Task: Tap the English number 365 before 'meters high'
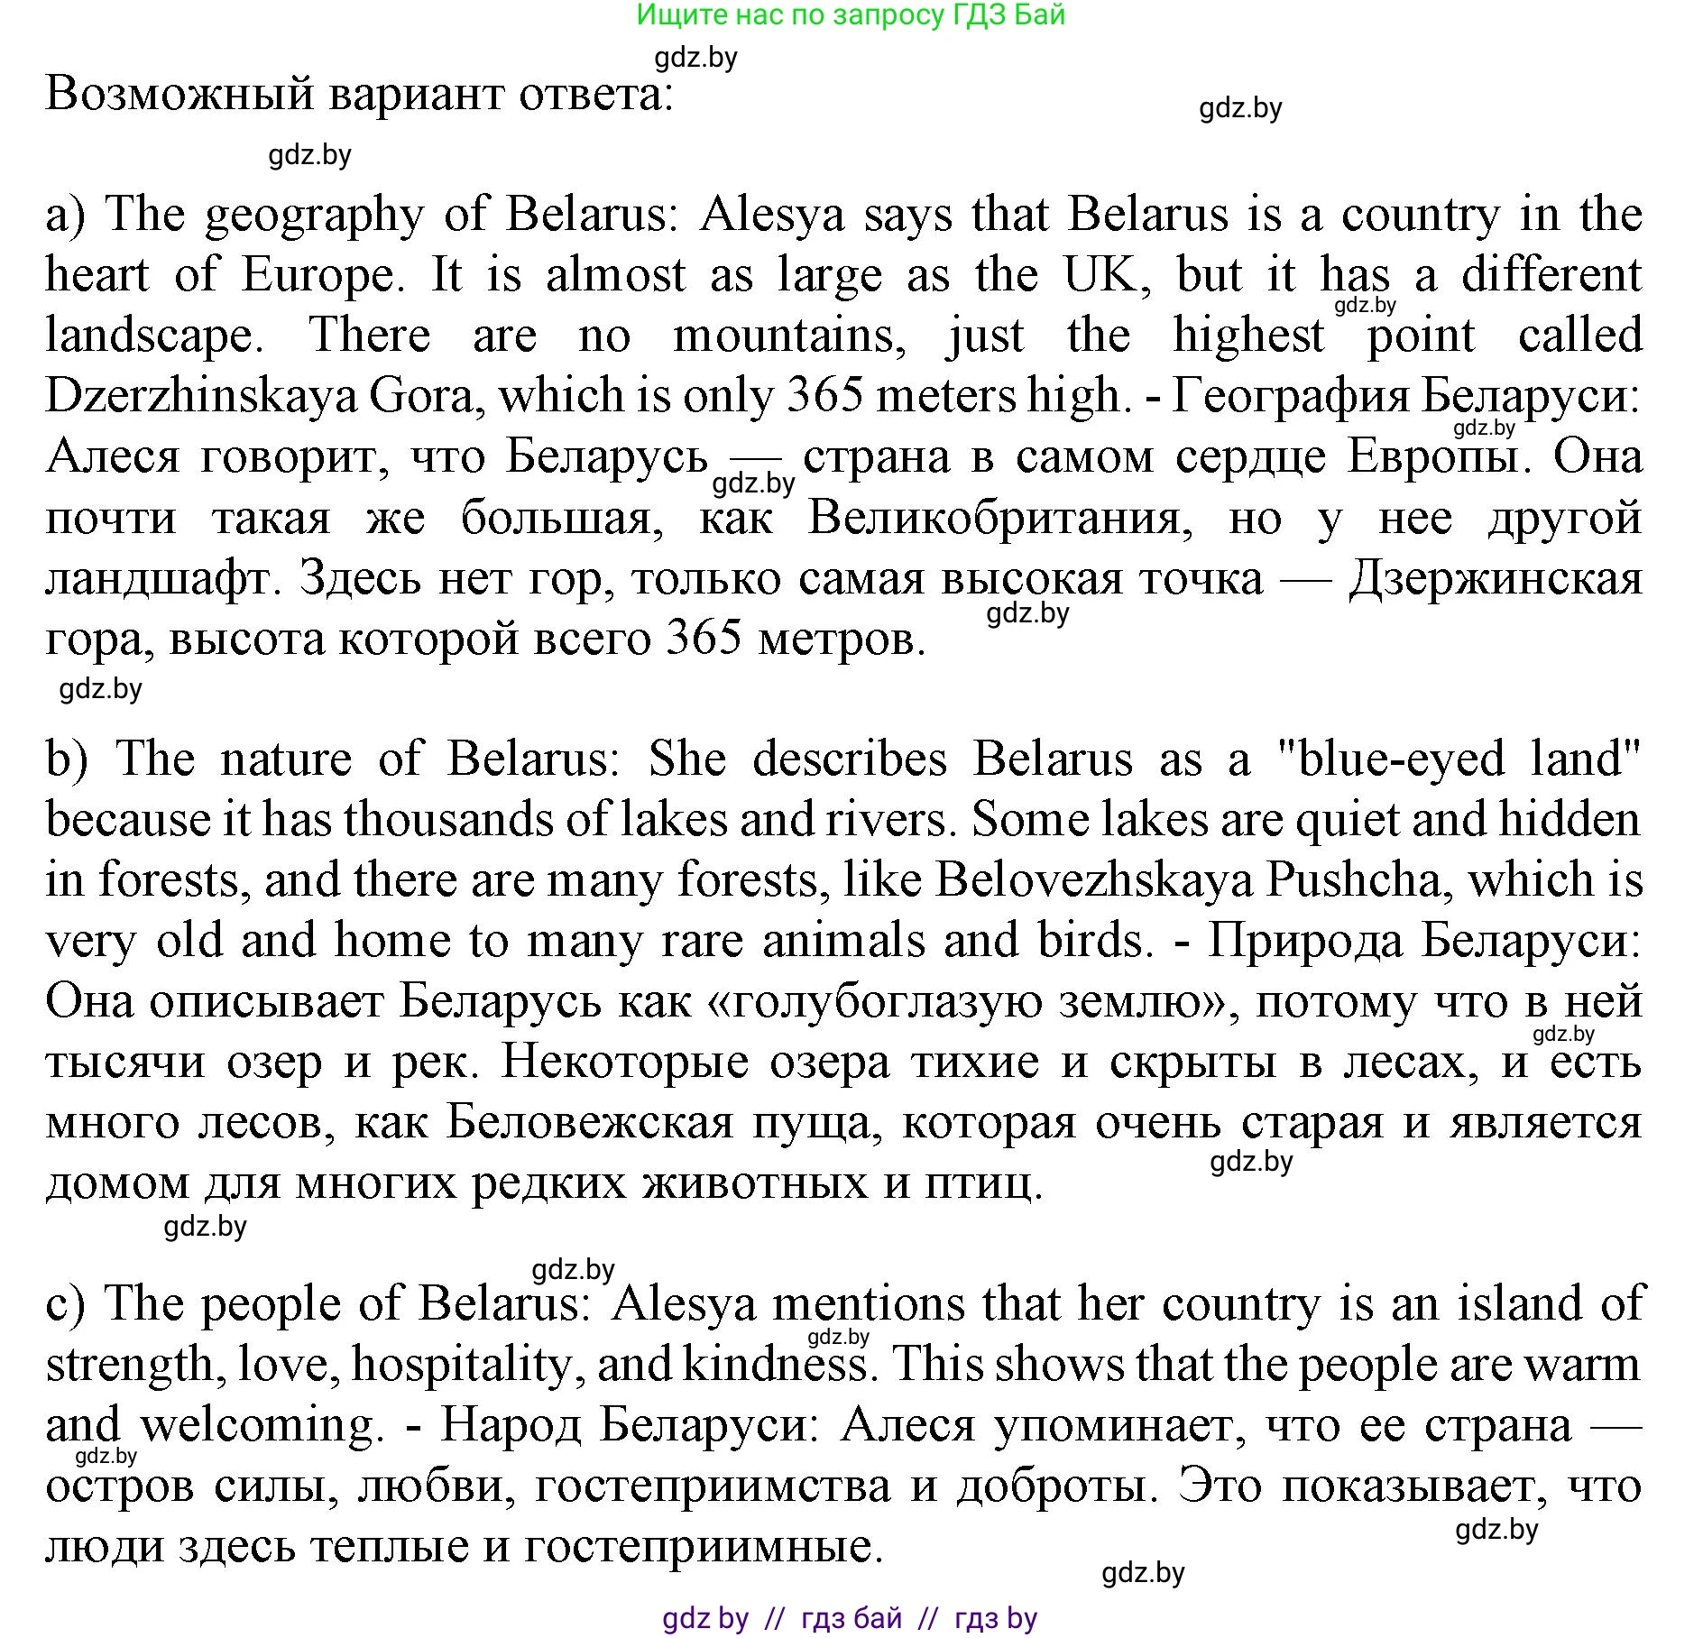(824, 395)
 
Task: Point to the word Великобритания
(1000, 519)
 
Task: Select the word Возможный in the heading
(180, 94)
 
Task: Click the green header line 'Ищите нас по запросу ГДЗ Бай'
(851, 15)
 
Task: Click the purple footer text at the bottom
(850, 1618)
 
